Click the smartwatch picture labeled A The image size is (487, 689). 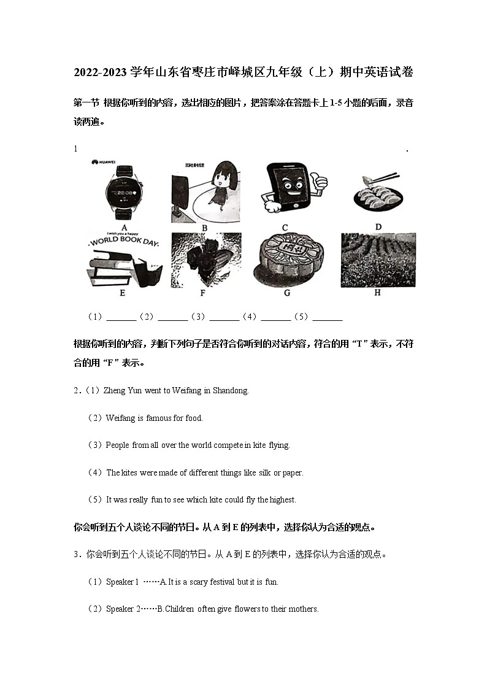click(x=123, y=192)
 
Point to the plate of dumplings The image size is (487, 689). click(x=378, y=196)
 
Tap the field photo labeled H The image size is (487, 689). click(x=378, y=260)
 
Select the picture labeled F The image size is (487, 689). click(x=204, y=259)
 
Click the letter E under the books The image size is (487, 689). click(x=123, y=293)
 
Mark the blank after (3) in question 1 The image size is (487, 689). click(x=224, y=317)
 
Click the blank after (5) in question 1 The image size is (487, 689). click(x=328, y=317)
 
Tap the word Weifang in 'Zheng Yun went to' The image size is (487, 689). click(x=186, y=391)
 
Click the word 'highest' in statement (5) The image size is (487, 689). click(x=283, y=500)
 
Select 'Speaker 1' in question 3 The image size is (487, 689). click(x=122, y=582)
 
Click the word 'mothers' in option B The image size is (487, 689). click(x=304, y=609)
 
